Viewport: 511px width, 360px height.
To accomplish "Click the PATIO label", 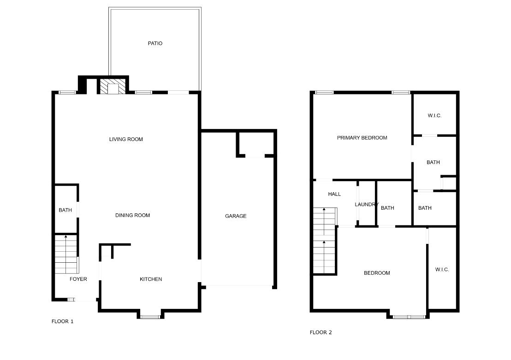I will [x=155, y=43].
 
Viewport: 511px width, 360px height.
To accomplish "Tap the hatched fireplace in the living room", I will [x=113, y=86].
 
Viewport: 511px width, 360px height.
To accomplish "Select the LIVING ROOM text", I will [x=126, y=139].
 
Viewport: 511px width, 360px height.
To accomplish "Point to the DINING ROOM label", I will [x=132, y=215].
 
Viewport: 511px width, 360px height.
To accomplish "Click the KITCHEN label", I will [x=151, y=279].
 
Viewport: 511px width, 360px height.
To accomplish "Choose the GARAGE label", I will [x=236, y=216].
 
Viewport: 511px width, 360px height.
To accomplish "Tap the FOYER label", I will [x=78, y=279].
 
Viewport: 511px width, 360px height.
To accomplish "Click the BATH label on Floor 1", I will [x=65, y=210].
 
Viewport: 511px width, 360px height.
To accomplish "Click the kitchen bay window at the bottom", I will [x=150, y=317].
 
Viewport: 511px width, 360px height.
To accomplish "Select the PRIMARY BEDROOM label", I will [x=362, y=137].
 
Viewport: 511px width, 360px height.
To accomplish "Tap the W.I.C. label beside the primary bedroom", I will [x=434, y=115].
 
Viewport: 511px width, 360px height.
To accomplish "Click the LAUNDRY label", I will [x=367, y=204].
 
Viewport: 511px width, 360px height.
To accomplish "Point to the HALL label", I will [x=334, y=194].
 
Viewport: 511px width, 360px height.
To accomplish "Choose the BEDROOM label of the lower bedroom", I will [x=377, y=273].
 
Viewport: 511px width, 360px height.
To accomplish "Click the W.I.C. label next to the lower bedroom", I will [x=442, y=269].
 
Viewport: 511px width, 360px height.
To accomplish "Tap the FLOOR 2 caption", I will [x=321, y=332].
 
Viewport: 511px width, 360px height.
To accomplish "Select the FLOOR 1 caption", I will [x=62, y=321].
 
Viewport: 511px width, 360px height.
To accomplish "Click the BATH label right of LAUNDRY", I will [x=387, y=208].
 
